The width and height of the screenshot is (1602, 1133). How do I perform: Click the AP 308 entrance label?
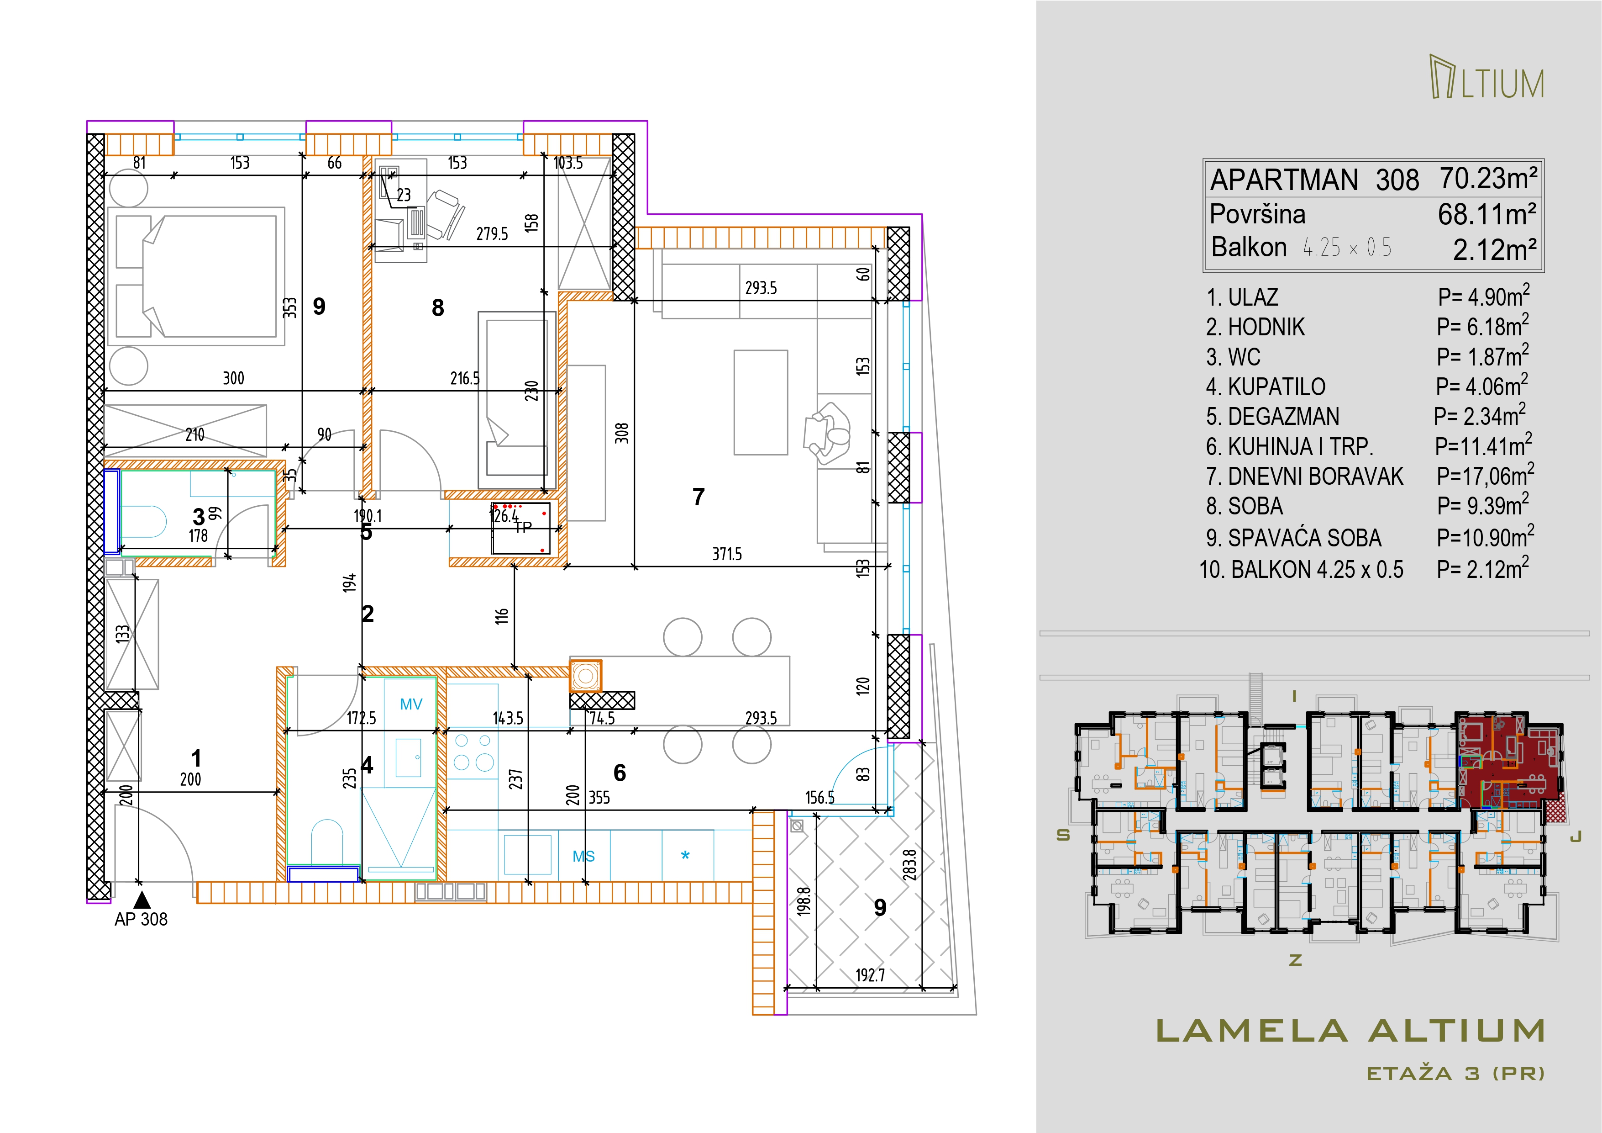(141, 919)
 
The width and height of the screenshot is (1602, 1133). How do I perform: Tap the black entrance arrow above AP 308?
(142, 899)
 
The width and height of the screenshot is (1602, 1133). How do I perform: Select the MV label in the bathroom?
(411, 704)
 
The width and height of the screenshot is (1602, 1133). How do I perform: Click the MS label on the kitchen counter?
(584, 857)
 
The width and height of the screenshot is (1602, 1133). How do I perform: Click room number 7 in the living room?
(699, 497)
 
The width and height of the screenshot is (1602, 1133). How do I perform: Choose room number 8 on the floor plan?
(437, 308)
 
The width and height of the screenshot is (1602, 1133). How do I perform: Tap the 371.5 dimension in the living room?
(727, 554)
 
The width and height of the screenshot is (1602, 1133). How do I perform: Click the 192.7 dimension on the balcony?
(870, 975)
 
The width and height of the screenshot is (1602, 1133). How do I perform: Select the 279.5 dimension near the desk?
(492, 234)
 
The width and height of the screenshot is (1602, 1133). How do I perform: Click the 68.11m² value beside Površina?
(1487, 214)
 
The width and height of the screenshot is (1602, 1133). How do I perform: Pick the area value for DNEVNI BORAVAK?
(1485, 476)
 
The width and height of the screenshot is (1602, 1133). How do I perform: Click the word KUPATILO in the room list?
(1276, 387)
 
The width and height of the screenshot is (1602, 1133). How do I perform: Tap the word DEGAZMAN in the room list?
(1283, 417)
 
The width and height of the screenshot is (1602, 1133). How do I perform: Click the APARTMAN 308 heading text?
(1314, 180)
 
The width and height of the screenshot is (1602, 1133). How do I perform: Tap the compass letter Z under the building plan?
(1296, 960)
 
